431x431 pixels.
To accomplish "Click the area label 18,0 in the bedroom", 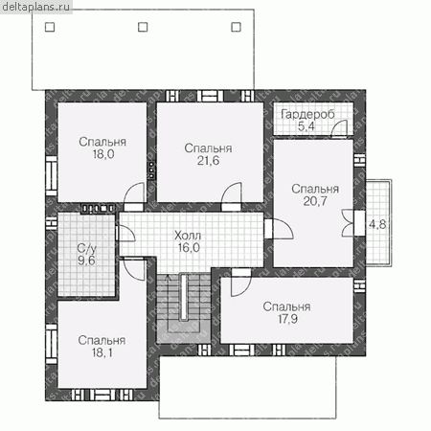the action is point(103,154).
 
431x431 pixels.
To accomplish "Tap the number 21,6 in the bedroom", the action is point(208,161).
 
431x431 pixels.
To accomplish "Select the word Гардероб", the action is point(308,114).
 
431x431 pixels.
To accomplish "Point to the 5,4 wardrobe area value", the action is point(306,126).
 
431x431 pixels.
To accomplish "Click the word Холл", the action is point(188,236).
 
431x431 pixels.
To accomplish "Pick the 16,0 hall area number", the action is point(189,248).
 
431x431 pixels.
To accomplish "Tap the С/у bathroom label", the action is point(86,248).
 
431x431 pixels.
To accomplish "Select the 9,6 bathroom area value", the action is point(86,261).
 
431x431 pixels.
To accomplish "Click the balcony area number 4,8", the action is point(377,224).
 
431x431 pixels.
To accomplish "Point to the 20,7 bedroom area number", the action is point(315,201).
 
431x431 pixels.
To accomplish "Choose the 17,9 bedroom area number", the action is point(287,319).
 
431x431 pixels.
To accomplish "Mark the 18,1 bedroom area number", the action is point(102,352).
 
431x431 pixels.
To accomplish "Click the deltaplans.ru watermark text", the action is point(35,7).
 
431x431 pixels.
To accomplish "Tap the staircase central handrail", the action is point(184,297).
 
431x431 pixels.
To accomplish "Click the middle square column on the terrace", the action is point(143,27).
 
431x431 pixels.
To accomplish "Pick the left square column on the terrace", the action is point(50,27).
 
